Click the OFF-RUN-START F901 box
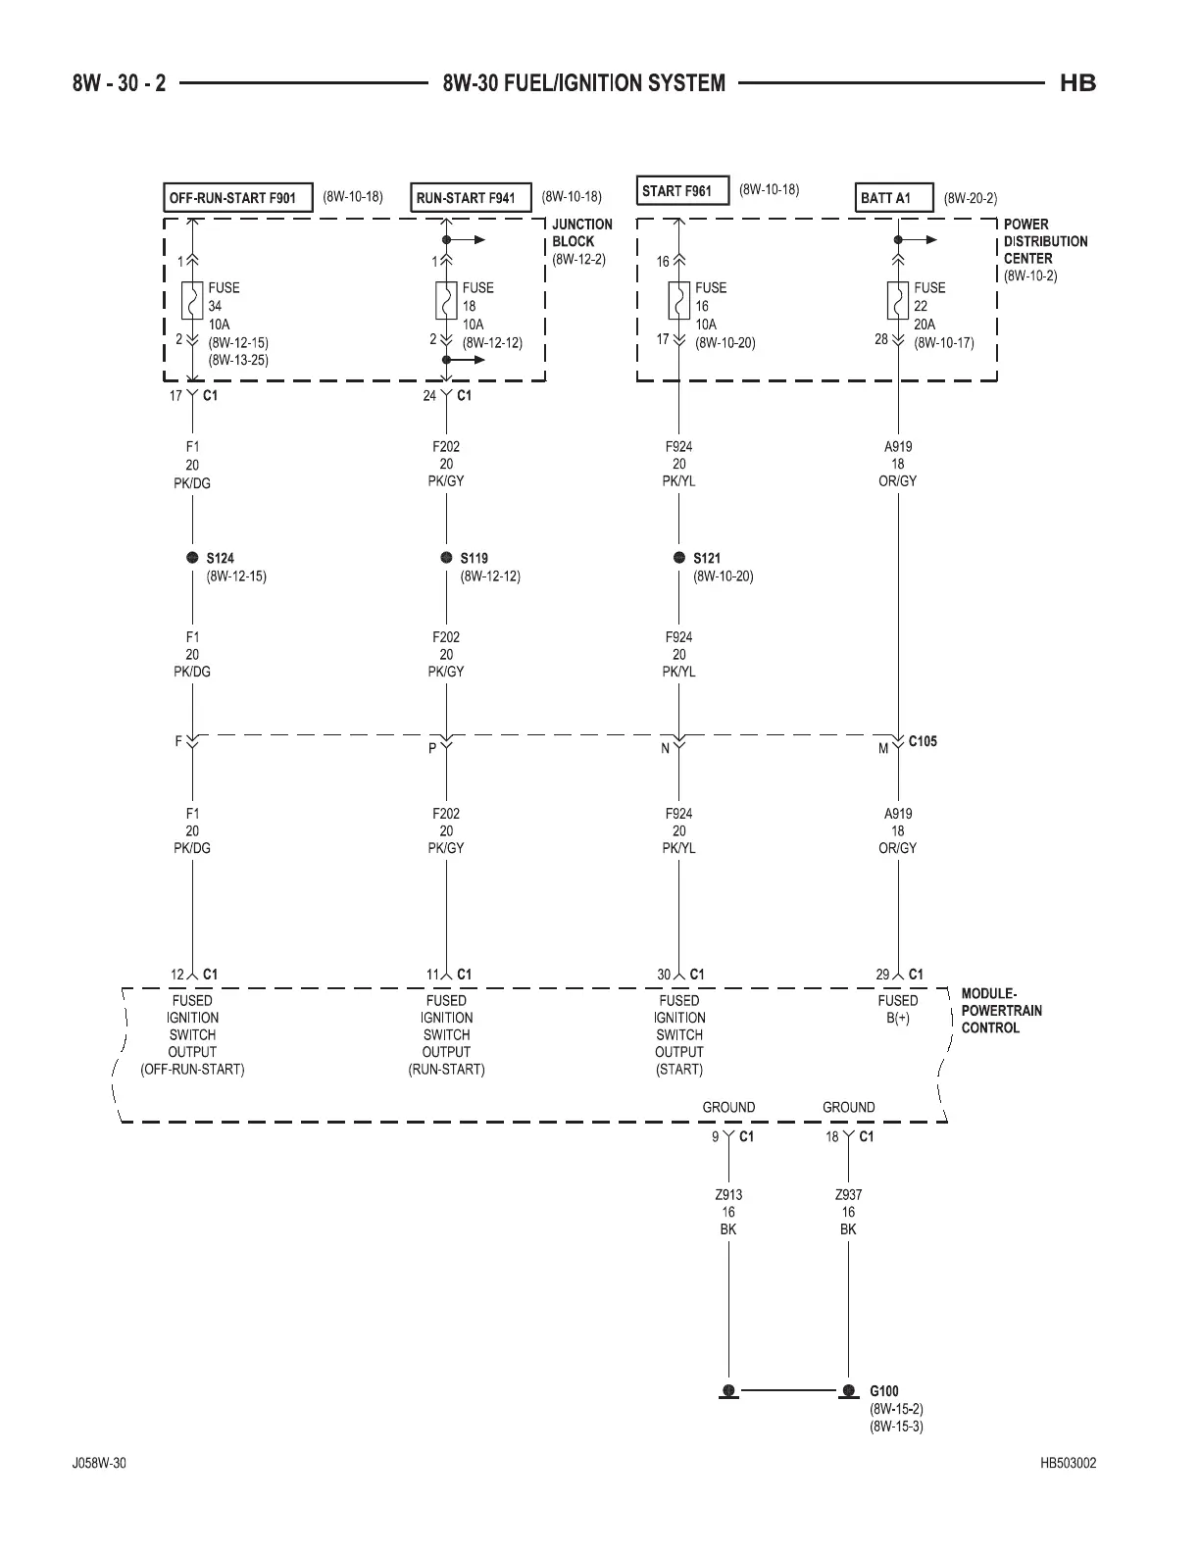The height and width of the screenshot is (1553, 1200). tap(236, 197)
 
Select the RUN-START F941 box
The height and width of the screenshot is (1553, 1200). tap(470, 197)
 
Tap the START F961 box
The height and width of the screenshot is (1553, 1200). tap(682, 190)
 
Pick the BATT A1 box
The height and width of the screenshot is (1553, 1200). tap(893, 197)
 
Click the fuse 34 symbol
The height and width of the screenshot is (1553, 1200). tap(192, 301)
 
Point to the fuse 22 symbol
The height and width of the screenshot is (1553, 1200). tap(897, 301)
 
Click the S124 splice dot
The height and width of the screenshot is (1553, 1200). tap(192, 558)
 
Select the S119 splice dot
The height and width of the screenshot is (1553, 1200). tap(446, 558)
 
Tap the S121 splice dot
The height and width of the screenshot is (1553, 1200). tap(679, 558)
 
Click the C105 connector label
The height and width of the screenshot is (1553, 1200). tap(923, 741)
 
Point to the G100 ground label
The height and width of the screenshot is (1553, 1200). tap(883, 1390)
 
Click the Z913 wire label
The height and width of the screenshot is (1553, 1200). tap(728, 1195)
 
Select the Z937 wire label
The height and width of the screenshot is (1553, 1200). tap(848, 1195)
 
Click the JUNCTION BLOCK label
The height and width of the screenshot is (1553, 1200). tap(581, 232)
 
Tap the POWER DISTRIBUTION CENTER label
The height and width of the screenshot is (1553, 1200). tap(1045, 241)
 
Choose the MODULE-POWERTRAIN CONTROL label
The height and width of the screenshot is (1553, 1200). tap(1001, 1010)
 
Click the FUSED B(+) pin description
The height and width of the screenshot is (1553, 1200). tap(897, 1009)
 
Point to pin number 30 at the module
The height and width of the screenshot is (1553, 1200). tap(664, 975)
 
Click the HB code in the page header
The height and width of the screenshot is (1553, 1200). tap(1077, 83)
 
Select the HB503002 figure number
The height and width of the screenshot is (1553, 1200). tap(1069, 1464)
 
